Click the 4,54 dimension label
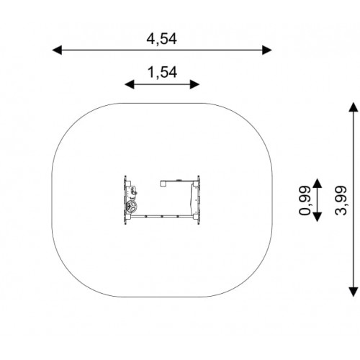162,39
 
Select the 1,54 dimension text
163,73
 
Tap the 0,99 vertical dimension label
305,200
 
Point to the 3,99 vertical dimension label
341,200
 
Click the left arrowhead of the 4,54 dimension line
57,50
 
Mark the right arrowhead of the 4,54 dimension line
267,50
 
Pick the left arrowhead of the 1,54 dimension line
130,84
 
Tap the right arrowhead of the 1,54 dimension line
194,84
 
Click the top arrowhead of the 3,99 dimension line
354,107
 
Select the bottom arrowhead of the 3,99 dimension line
354,292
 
